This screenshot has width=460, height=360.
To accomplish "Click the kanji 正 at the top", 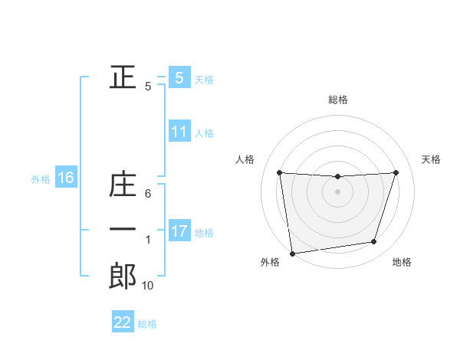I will tap(123, 77).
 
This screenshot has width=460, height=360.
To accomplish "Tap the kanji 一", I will tap(123, 230).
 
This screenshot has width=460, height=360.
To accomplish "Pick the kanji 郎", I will tap(123, 276).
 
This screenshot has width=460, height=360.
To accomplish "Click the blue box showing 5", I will tap(179, 77).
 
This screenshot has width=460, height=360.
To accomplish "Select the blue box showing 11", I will tap(179, 131).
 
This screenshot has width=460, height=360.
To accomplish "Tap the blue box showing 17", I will tap(179, 231).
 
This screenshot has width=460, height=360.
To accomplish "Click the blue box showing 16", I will tap(66, 178).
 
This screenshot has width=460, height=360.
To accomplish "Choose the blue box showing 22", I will tap(123, 322).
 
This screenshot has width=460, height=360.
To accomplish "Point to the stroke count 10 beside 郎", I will tap(148, 286).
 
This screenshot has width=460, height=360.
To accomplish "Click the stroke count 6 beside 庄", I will tap(148, 194).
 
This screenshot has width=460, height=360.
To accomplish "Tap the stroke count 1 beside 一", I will tap(148, 240).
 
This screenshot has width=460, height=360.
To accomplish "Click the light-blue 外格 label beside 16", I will tap(41, 179).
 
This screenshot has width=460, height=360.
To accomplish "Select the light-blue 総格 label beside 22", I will tap(147, 324).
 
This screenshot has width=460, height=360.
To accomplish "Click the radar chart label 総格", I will tap(337, 100).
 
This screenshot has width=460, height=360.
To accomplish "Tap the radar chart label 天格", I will tap(432, 159).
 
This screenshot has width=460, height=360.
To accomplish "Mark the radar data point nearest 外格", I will tap(292, 254).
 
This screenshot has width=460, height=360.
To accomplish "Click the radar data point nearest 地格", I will tap(374, 242).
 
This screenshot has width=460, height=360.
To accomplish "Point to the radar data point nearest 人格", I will tap(279, 173).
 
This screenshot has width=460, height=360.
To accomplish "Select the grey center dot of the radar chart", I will tap(337, 191).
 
